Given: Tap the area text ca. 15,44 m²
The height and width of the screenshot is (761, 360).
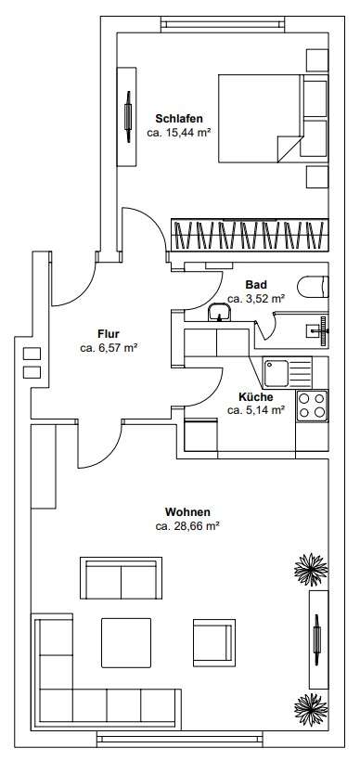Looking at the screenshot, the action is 178,132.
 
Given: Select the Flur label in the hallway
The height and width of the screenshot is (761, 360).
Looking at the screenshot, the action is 109,334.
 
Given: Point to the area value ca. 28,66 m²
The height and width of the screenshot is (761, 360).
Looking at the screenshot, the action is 187,525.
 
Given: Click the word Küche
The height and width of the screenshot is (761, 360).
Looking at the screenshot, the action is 256,397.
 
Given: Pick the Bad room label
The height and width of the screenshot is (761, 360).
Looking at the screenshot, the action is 256,285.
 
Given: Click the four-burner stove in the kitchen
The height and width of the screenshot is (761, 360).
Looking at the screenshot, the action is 312,406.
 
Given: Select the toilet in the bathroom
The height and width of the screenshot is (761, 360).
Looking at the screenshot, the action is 314,287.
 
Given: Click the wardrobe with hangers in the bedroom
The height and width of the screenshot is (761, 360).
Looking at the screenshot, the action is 250,235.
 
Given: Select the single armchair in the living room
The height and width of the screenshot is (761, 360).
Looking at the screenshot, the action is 214,642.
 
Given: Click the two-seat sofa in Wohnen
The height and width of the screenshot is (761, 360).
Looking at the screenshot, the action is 121,578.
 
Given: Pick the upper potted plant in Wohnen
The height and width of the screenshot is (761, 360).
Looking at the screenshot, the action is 311,570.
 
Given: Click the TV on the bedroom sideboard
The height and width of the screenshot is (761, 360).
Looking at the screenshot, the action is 129,117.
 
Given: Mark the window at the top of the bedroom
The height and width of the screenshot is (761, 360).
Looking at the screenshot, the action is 223,24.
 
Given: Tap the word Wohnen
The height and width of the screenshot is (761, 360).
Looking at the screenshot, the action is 187,512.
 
